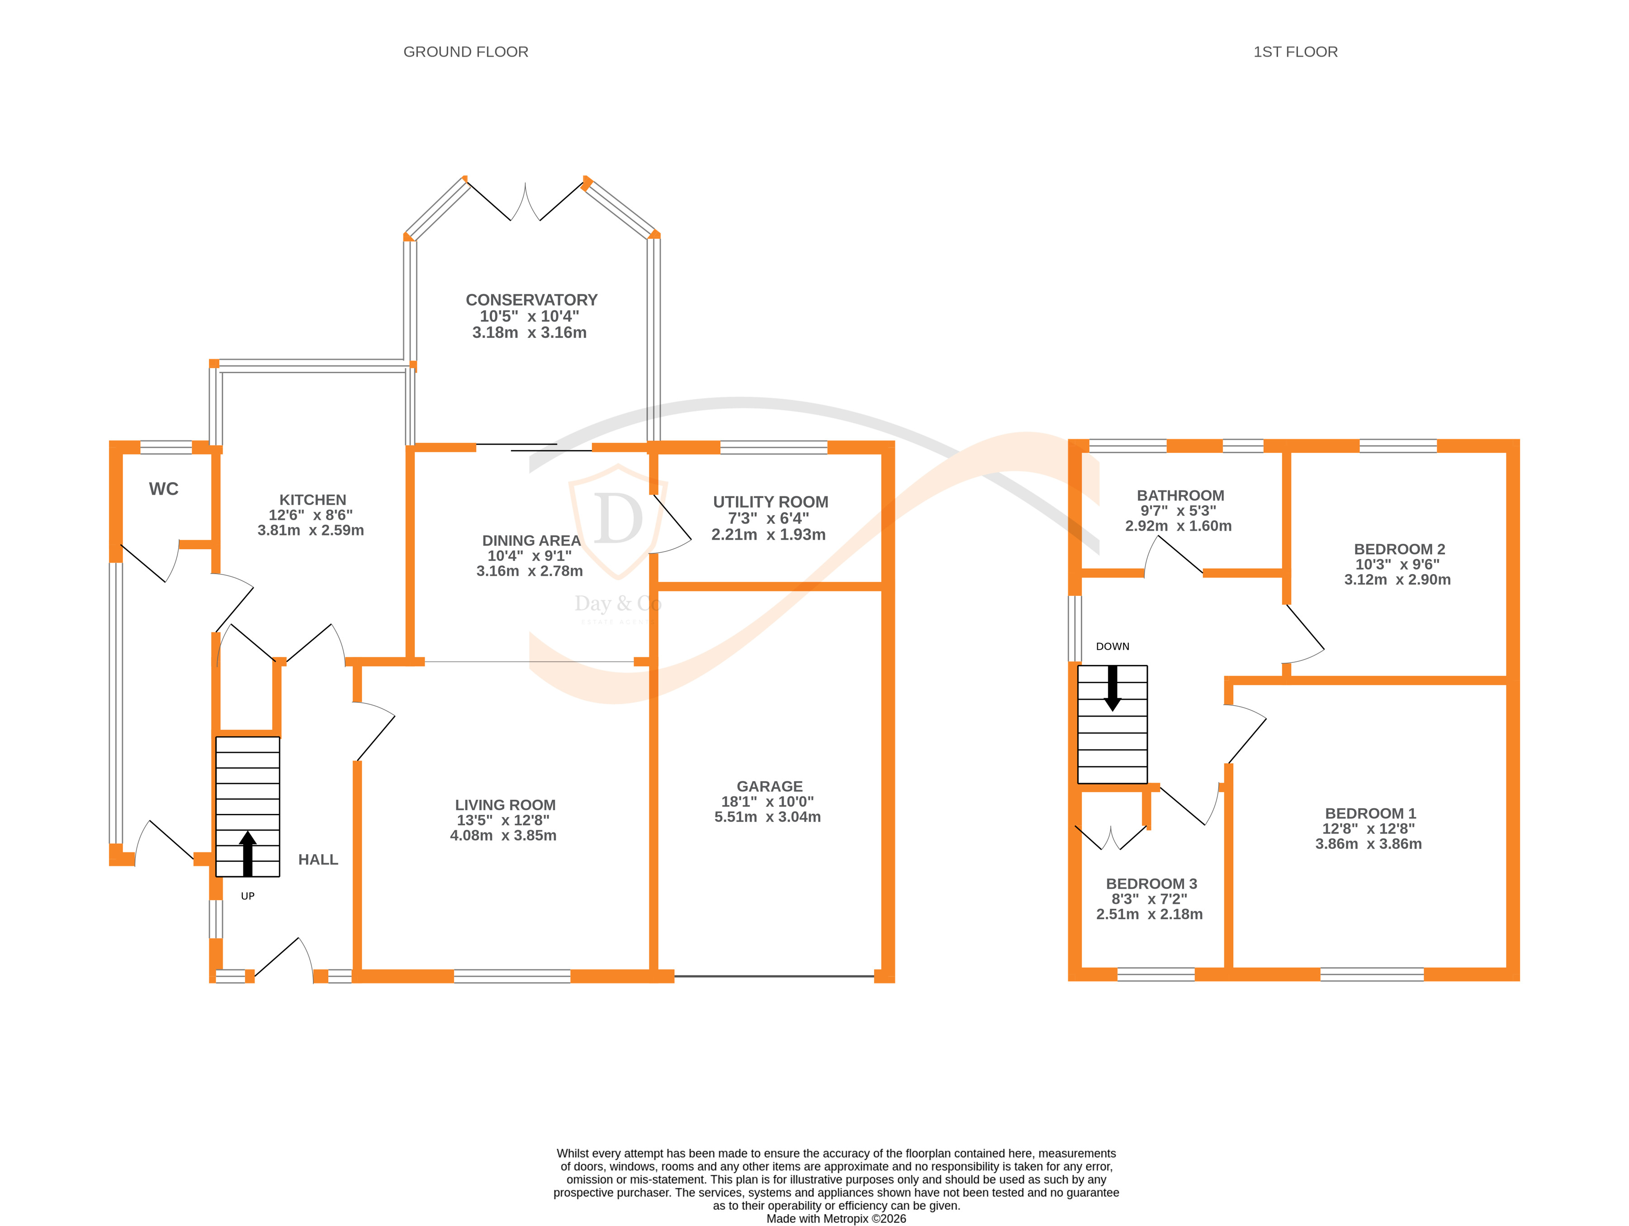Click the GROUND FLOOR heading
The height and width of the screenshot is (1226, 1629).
tap(465, 52)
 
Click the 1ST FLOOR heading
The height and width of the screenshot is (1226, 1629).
tap(1295, 52)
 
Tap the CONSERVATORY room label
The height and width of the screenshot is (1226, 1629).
tap(531, 300)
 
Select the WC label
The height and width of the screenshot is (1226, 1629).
tap(164, 489)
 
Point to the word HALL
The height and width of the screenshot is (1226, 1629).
tap(318, 860)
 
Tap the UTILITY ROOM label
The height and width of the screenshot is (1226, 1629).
tap(770, 502)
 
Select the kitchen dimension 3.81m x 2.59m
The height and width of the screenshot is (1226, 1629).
tap(310, 531)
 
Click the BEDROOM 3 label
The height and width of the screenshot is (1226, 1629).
tap(1151, 884)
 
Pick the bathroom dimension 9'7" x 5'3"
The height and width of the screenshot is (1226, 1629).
tap(1178, 511)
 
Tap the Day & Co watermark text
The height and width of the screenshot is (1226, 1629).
tap(617, 604)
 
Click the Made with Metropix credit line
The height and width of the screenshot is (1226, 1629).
tap(836, 1219)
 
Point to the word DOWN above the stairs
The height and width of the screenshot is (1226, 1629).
tap(1112, 646)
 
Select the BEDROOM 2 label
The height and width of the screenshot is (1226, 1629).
tap(1398, 549)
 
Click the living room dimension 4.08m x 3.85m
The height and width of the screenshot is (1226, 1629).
tap(503, 836)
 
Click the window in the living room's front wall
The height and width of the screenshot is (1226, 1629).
tap(512, 976)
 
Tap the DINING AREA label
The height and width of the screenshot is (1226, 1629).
tap(531, 541)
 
